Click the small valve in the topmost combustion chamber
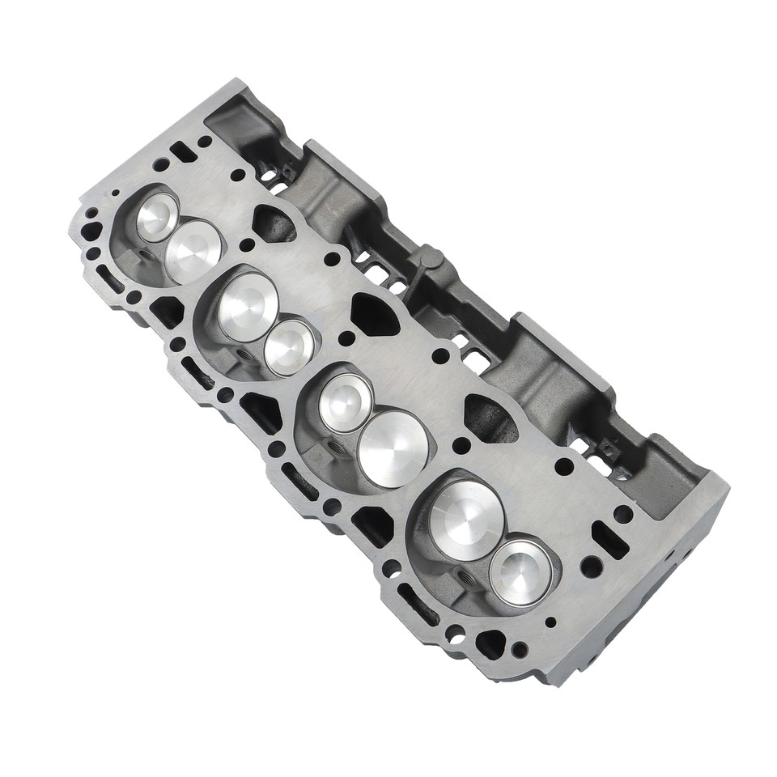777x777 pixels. [x=156, y=217]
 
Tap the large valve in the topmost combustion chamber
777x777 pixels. [x=193, y=251]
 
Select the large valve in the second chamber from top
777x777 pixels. [x=248, y=306]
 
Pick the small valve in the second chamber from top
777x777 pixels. [x=289, y=347]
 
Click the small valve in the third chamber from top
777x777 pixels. [x=346, y=402]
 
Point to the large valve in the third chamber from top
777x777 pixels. [x=393, y=448]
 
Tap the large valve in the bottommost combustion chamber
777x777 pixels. [x=466, y=514]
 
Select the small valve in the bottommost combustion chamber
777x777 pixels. [x=520, y=572]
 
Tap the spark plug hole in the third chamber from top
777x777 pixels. [x=334, y=447]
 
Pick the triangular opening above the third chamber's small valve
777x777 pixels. [x=375, y=312]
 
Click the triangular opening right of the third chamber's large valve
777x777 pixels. [x=489, y=416]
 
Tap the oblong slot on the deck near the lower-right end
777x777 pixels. [x=609, y=539]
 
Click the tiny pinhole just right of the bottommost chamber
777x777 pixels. [x=551, y=622]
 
